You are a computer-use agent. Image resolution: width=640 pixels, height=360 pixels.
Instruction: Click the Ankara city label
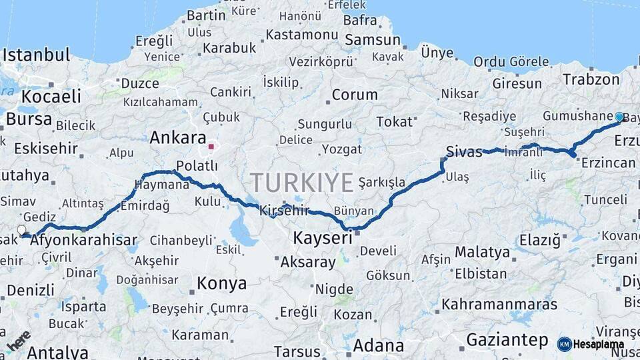click(x=177, y=138)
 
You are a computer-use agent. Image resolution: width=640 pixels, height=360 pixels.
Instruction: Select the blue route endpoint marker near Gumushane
click(x=619, y=117)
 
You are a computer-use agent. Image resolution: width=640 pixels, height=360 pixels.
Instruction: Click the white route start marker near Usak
click(x=21, y=230)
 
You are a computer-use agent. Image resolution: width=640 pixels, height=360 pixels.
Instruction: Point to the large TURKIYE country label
click(x=302, y=182)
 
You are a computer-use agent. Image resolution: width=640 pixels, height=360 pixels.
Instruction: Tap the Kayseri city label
click(x=322, y=238)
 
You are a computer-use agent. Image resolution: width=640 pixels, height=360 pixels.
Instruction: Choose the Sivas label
click(x=464, y=152)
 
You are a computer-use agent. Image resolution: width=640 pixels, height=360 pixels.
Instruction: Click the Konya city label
click(x=221, y=283)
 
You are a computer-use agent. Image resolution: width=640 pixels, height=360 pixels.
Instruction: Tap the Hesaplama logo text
click(x=599, y=345)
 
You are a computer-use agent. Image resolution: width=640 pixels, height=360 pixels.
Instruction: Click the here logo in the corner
click(x=18, y=341)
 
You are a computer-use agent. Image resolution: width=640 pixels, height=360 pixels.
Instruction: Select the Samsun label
click(x=373, y=40)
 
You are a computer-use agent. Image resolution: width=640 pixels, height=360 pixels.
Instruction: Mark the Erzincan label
click(x=608, y=163)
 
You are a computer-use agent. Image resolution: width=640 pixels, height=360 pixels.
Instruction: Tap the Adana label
click(x=378, y=346)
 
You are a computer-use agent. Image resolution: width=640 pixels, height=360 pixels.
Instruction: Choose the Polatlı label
click(x=197, y=165)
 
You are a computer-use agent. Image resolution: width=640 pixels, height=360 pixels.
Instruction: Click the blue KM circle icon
click(x=564, y=344)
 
